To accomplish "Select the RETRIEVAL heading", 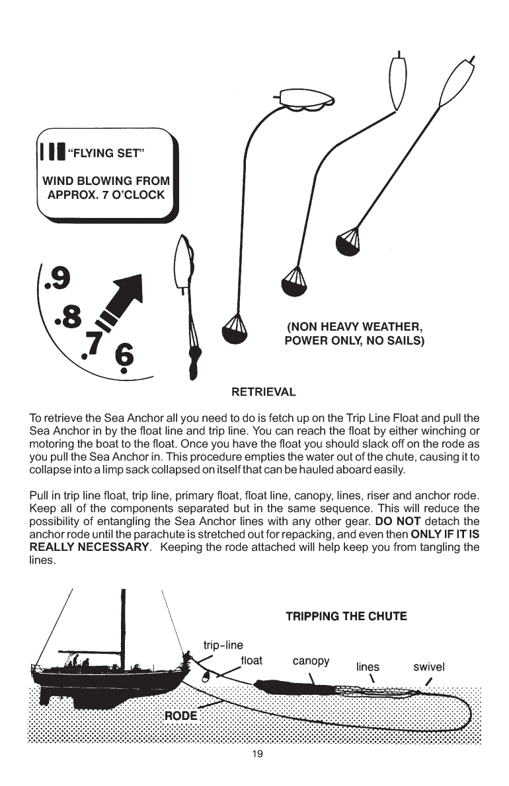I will coord(262,392).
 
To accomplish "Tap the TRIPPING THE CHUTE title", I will coord(346,616).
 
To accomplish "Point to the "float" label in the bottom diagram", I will coord(252,659).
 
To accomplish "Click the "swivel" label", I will coord(429,666).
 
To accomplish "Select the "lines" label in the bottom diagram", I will coord(368,667).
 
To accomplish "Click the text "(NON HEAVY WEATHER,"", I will coord(354,328).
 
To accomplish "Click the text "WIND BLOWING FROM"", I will coord(106,181).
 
